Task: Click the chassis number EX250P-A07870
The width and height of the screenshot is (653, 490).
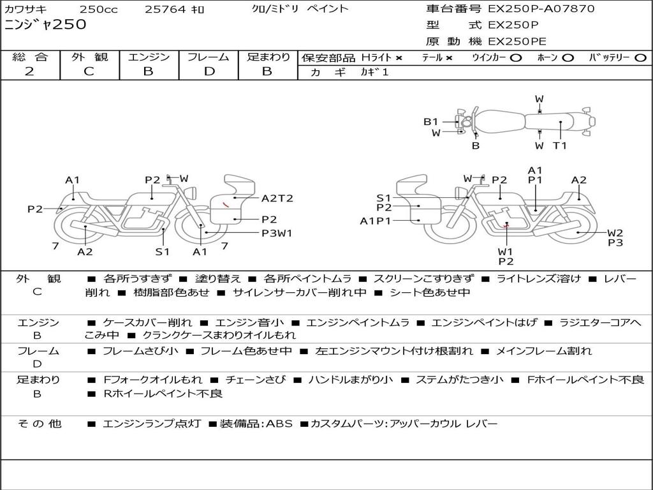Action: click(541, 9)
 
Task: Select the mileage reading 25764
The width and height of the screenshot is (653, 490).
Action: click(165, 10)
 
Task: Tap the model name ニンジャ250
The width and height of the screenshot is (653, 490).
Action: click(45, 26)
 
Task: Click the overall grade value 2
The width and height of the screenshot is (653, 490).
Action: click(29, 71)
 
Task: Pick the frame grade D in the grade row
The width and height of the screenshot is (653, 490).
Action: click(209, 71)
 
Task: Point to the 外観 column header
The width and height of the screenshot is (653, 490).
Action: click(89, 57)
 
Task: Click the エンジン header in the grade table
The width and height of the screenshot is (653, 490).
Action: click(149, 57)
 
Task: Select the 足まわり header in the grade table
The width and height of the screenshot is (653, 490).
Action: click(268, 57)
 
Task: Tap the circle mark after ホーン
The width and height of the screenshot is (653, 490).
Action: click(568, 58)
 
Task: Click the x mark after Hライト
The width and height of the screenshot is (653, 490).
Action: click(399, 58)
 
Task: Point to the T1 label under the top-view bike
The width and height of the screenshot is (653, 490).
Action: click(560, 145)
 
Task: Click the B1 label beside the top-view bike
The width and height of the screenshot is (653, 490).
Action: click(431, 122)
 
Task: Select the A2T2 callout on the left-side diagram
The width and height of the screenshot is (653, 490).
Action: click(277, 198)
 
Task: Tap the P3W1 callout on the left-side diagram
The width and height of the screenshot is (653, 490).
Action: click(277, 233)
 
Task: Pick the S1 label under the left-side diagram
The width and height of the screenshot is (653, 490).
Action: click(163, 251)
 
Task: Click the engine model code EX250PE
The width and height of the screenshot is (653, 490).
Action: click(517, 41)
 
